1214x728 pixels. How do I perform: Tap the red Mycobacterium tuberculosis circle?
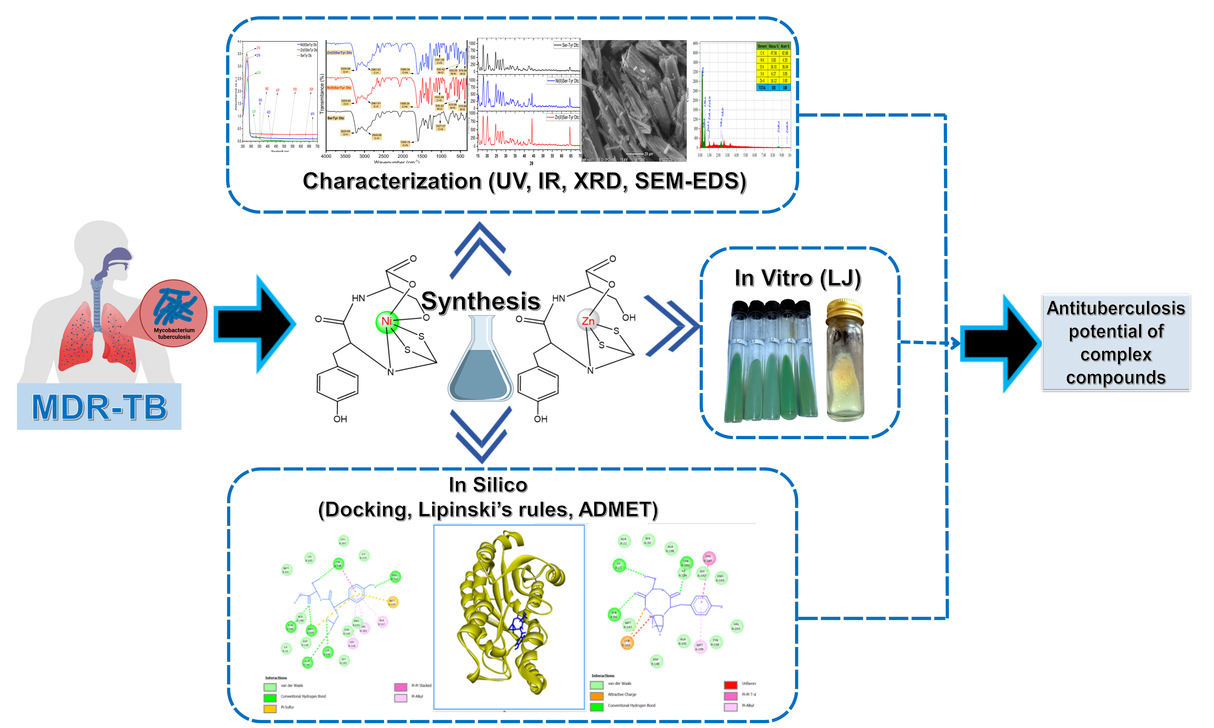[x=173, y=313]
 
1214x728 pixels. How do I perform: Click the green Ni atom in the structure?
[x=387, y=322]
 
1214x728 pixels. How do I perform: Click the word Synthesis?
[x=481, y=301]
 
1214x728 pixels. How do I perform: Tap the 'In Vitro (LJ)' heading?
[x=798, y=278]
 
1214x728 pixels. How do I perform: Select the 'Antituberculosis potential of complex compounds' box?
[x=1116, y=342]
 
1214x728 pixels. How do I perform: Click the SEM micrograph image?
[x=634, y=101]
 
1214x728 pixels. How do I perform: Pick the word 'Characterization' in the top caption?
[x=392, y=181]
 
